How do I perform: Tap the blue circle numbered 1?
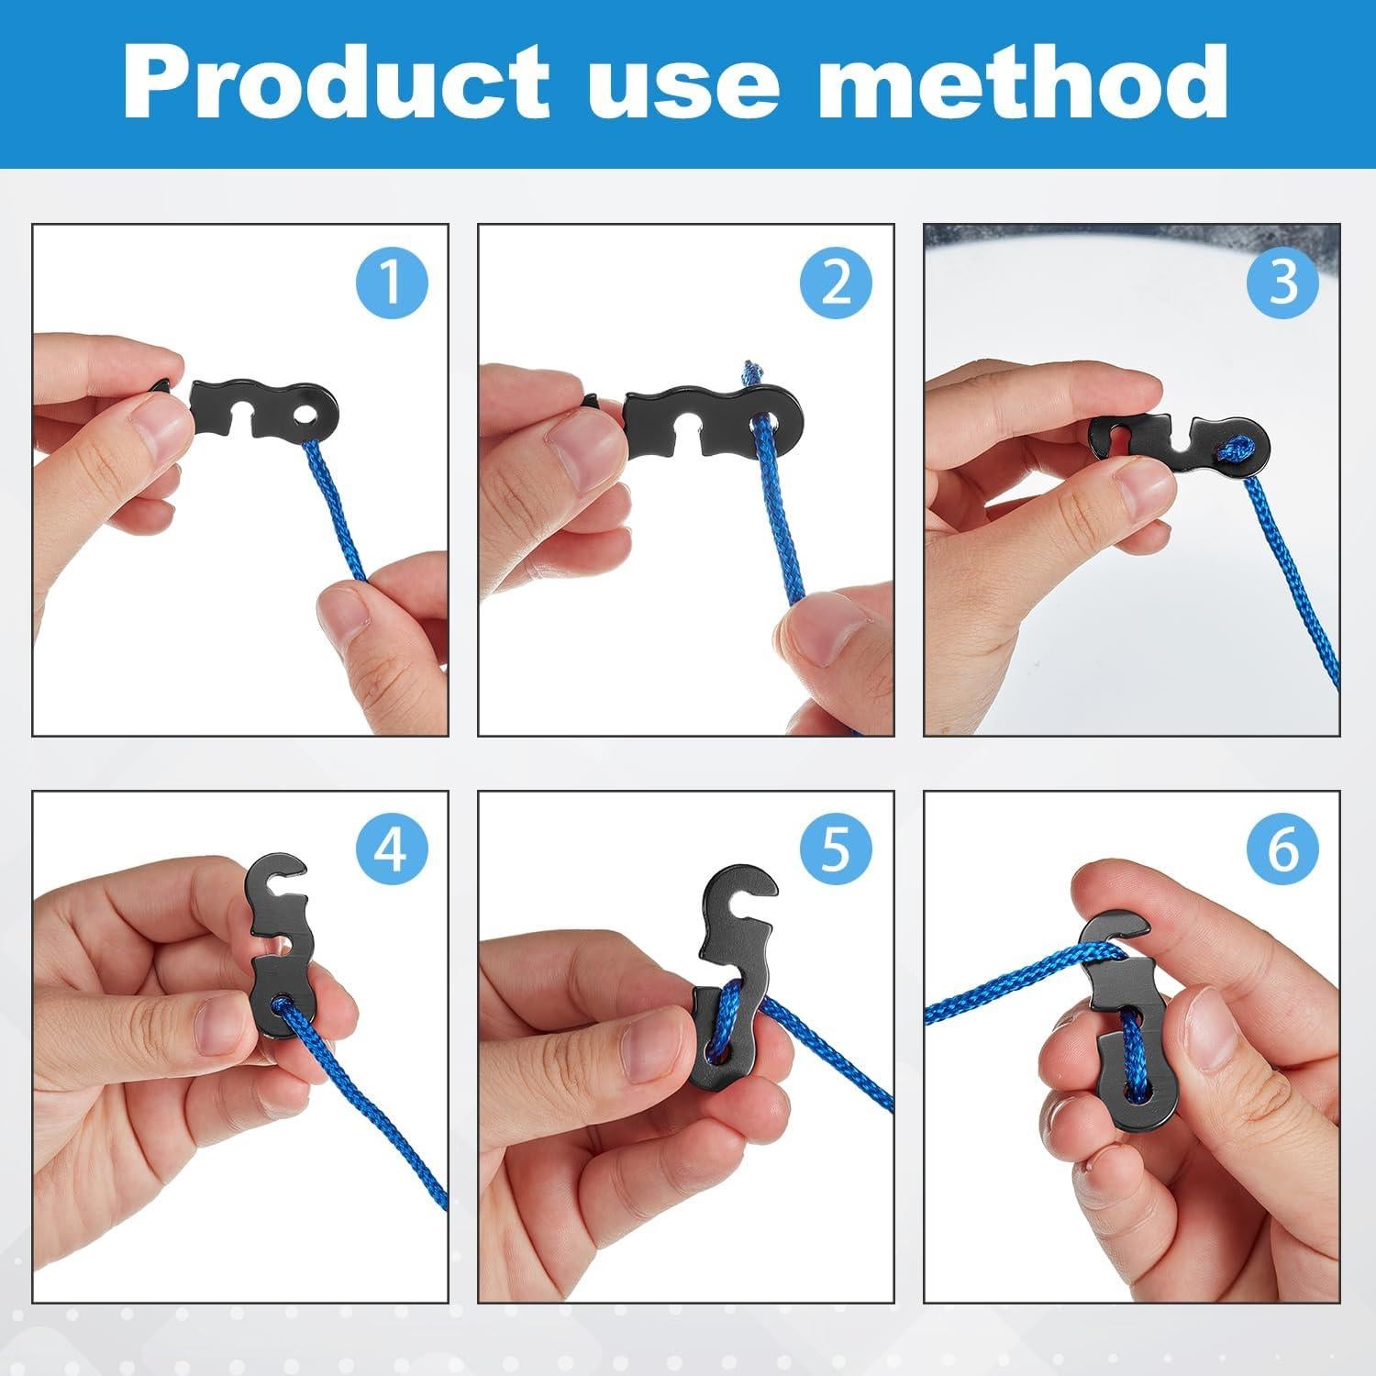[x=392, y=282]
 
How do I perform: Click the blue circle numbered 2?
[x=836, y=282]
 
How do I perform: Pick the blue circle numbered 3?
[x=1282, y=282]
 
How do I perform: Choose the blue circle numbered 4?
[x=392, y=849]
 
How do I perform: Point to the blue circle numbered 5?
[x=836, y=849]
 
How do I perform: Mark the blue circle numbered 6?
[x=1282, y=849]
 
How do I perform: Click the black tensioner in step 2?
[x=706, y=417]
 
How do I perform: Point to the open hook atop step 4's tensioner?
[x=280, y=882]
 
